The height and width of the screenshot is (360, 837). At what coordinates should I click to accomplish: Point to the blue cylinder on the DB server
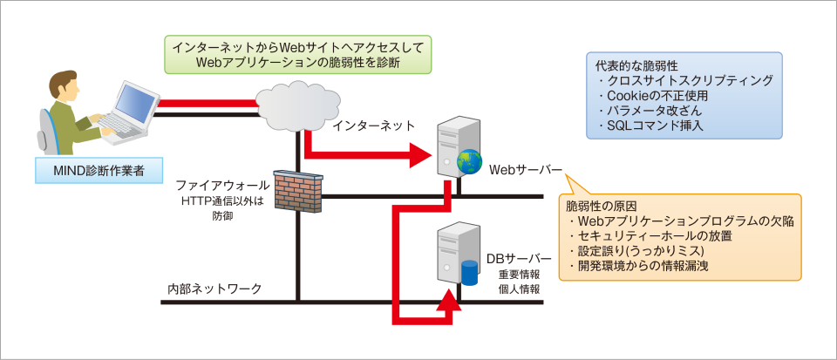[x=471, y=272]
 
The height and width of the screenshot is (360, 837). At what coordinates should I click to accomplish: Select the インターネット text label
[x=373, y=127]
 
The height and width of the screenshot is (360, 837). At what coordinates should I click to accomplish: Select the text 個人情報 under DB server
[x=518, y=289]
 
